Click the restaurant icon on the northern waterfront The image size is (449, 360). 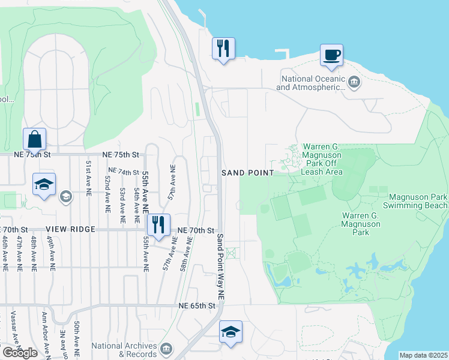point(223,48)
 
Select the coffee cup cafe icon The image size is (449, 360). point(331,55)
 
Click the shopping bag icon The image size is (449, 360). point(35,139)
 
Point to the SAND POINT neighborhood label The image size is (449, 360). point(247,173)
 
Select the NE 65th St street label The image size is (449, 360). point(197,306)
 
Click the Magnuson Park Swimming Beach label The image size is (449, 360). point(418,201)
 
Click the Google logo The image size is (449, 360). point(20,353)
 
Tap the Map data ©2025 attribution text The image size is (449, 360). point(423,355)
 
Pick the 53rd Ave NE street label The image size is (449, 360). point(122,206)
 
